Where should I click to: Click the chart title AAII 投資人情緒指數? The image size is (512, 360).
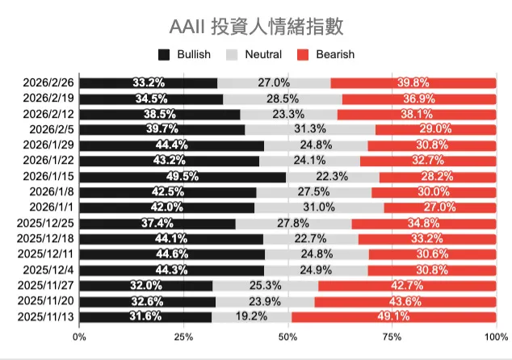pyautogui.click(x=256, y=26)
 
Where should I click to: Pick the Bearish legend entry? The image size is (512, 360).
pyautogui.click(x=326, y=55)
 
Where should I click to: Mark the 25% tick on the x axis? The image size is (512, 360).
pyautogui.click(x=184, y=337)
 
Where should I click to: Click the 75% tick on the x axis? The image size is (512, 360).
pyautogui.click(x=392, y=337)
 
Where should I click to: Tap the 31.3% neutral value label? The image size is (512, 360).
pyautogui.click(x=310, y=129)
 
